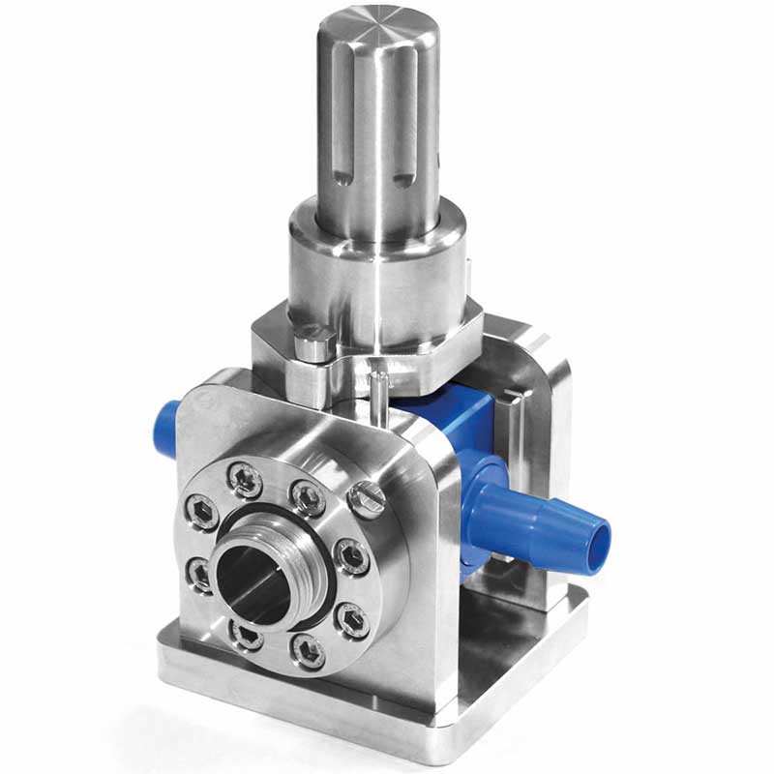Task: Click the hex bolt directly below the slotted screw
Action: click(348, 555)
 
